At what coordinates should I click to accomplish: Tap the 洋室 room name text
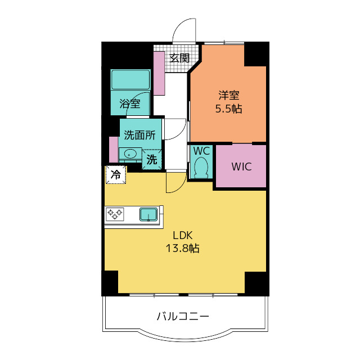tap(228, 96)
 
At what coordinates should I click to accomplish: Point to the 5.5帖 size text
tap(228, 109)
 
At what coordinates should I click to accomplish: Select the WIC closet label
tap(241, 167)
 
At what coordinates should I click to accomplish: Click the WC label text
tap(201, 151)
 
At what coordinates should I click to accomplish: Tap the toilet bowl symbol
tap(201, 167)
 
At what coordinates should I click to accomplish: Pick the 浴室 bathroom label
tap(130, 104)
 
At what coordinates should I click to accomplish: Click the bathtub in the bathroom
tap(130, 80)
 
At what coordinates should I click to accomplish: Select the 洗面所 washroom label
tap(139, 135)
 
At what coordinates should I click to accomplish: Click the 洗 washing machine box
tap(152, 159)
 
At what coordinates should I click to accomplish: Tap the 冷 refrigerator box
tap(115, 175)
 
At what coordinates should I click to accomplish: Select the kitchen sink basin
tap(148, 214)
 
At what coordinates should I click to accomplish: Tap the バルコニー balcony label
tap(183, 317)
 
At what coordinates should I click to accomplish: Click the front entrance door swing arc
tap(183, 31)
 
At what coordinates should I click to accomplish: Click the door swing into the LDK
tap(175, 183)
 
